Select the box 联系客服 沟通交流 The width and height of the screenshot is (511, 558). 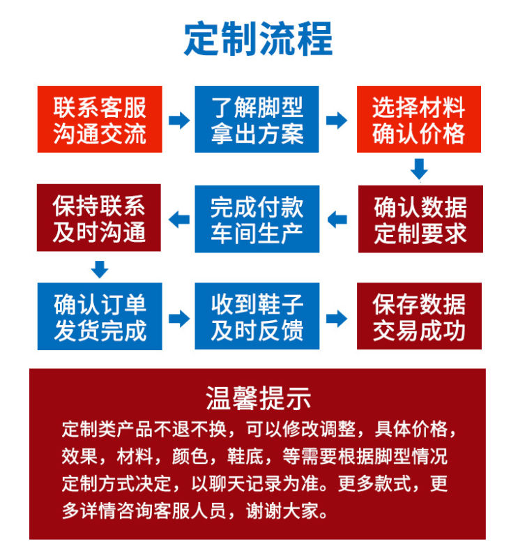tap(100, 119)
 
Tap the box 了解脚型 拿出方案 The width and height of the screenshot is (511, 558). tap(257, 119)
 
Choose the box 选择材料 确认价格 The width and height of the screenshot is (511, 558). tap(419, 119)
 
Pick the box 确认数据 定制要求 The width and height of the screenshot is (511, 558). tap(420, 219)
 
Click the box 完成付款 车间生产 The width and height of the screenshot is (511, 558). tap(257, 219)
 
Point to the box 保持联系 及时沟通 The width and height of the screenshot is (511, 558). tap(99, 218)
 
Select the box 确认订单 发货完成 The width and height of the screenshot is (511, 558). tap(100, 317)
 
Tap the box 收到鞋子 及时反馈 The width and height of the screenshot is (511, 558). tap(257, 317)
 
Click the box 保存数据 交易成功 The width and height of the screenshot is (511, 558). tap(420, 317)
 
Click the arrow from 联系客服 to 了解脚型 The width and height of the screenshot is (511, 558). tap(179, 120)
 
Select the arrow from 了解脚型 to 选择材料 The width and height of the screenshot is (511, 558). tap(337, 120)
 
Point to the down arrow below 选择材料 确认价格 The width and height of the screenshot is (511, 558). tap(419, 169)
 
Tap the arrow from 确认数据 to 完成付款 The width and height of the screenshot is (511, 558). tap(337, 220)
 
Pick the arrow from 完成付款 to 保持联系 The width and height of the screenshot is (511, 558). tap(179, 220)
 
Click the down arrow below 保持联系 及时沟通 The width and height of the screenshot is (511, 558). tap(100, 268)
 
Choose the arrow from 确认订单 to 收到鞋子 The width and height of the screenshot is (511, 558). tap(179, 318)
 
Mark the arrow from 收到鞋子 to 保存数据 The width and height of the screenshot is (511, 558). tap(337, 318)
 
